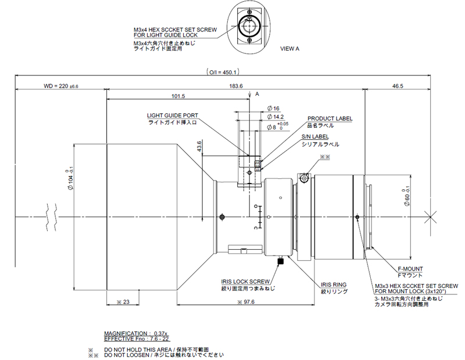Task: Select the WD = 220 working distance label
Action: pos(61,86)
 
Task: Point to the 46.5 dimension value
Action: pos(398,86)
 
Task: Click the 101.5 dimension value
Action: pos(178,96)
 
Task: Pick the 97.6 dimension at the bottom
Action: pos(235,302)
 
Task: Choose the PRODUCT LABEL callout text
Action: pos(330,119)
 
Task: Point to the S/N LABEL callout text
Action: pos(314,137)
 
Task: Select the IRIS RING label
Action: pos(334,285)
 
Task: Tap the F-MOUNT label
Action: pos(410,269)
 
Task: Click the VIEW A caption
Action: pos(289,49)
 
